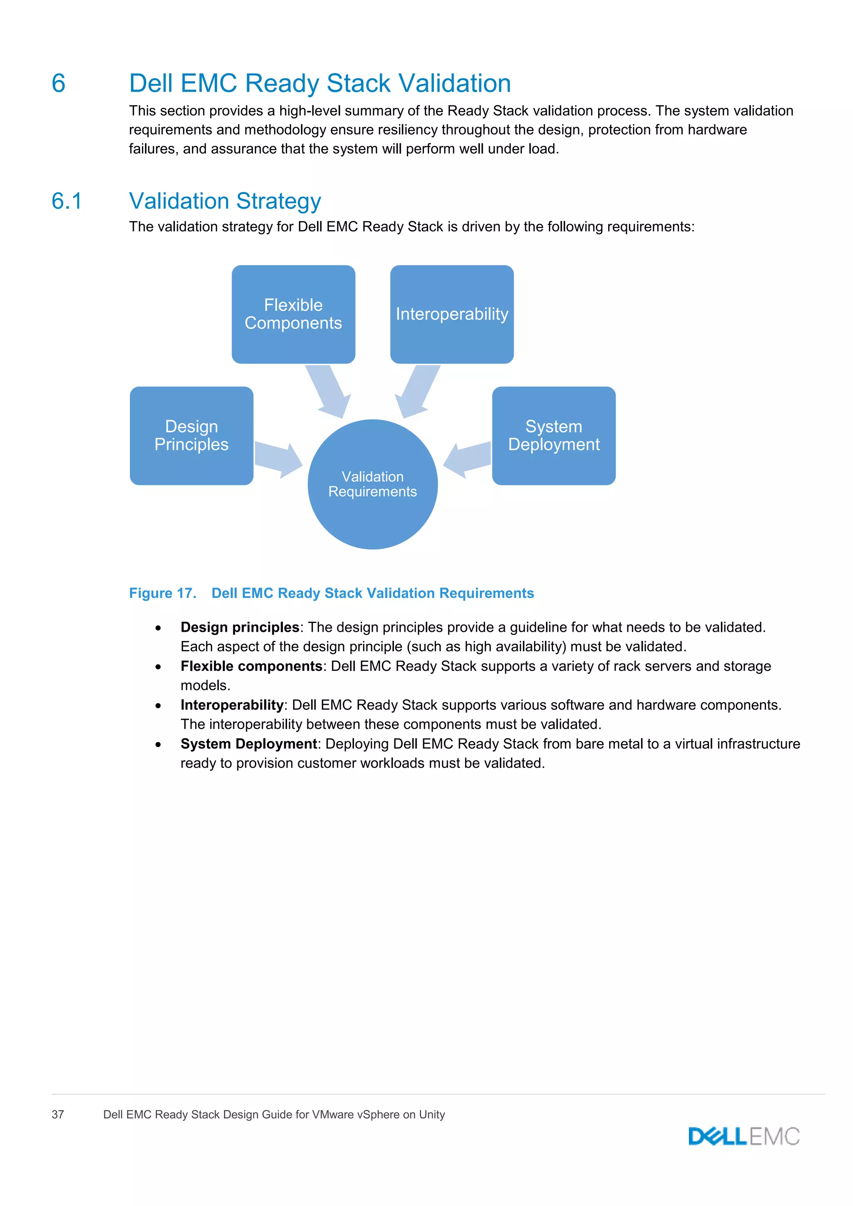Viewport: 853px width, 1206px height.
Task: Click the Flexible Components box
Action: pos(293,314)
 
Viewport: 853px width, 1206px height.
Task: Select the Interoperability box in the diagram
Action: pos(452,314)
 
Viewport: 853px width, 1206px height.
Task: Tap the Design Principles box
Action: pos(191,436)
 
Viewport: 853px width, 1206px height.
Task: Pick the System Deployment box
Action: pos(554,436)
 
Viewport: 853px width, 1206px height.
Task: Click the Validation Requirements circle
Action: pos(372,484)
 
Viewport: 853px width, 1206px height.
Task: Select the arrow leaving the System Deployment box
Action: pos(467,458)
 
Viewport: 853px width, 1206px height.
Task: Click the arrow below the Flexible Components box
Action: pos(329,392)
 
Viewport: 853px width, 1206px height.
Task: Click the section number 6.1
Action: pos(67,201)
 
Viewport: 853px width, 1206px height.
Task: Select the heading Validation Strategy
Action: pos(225,201)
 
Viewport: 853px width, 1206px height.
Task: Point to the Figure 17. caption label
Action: pos(163,593)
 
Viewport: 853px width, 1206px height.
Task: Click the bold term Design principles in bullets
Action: pos(239,627)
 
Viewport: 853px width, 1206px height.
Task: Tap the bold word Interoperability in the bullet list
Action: pos(232,705)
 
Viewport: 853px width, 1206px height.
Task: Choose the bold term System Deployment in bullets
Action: pos(248,744)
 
